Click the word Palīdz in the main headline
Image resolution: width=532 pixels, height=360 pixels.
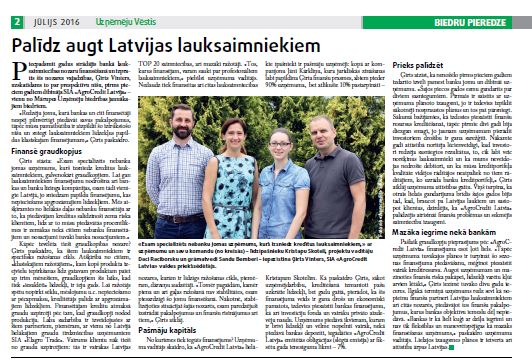44,44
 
